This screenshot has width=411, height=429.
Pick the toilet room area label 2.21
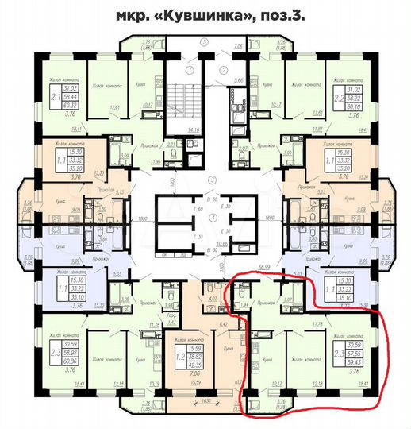(172, 144)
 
